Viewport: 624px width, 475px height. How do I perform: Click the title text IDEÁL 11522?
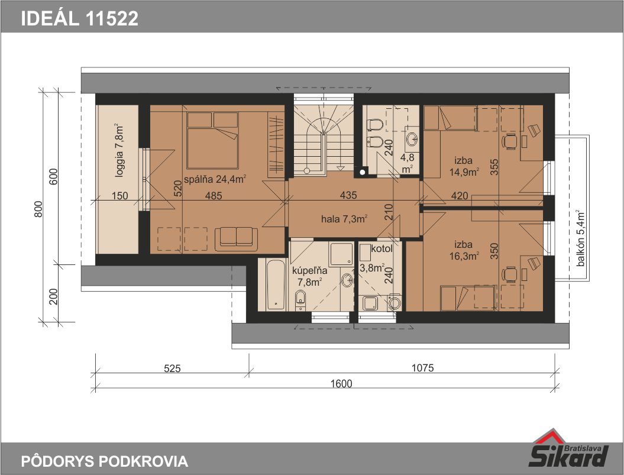[80, 18]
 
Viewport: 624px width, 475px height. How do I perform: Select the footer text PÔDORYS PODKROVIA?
[104, 461]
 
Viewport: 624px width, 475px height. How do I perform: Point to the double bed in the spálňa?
[212, 140]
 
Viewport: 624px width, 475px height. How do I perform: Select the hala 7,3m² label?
[344, 219]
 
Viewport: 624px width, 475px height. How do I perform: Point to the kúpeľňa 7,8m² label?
[309, 276]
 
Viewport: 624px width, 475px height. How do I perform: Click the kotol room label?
[381, 249]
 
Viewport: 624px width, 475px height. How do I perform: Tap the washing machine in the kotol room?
[395, 302]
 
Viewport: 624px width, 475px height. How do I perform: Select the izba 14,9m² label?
[464, 166]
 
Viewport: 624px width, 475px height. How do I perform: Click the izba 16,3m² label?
[464, 250]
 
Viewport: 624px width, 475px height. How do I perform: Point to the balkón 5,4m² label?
[580, 238]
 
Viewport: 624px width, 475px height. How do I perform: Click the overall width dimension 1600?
[341, 383]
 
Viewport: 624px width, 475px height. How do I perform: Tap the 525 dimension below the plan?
[172, 369]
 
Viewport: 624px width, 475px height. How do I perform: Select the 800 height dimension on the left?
[38, 209]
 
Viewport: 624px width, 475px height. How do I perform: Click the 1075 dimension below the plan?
[422, 367]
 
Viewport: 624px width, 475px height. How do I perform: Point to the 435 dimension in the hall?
[348, 195]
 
